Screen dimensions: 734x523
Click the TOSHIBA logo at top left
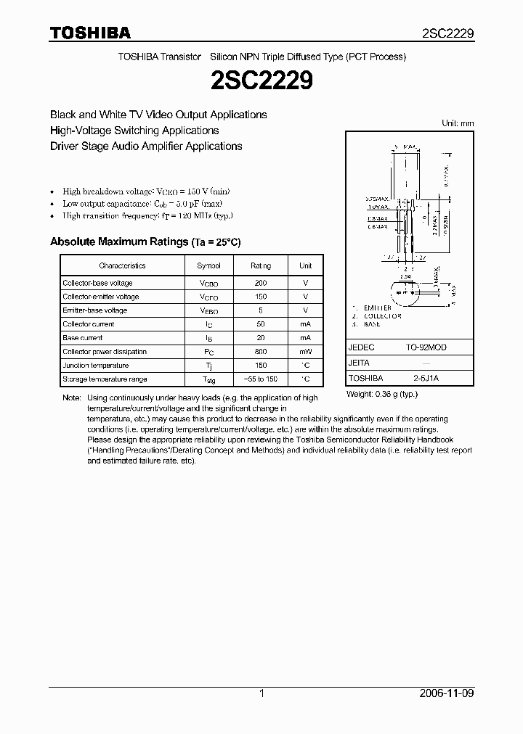pos(89,33)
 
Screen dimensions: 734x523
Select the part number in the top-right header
pos(448,33)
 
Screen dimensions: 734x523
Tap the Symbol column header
pos(208,265)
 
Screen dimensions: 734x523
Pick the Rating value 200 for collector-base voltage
pos(261,283)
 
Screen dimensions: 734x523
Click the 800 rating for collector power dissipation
pos(261,352)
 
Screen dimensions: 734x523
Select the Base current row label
pos(83,338)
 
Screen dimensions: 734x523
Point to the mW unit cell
pos(305,352)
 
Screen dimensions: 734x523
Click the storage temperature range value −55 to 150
pos(261,379)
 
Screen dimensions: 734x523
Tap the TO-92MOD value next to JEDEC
pos(426,347)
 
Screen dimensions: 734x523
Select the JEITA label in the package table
pos(359,363)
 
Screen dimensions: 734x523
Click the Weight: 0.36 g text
pos(382,393)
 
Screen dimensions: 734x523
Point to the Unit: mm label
pos(458,123)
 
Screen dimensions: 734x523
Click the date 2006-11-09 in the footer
pos(447,693)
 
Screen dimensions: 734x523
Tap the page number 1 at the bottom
pos(261,693)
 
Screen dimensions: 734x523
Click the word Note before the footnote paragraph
pos(71,398)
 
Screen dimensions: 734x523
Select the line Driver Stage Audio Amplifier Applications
pos(145,146)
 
